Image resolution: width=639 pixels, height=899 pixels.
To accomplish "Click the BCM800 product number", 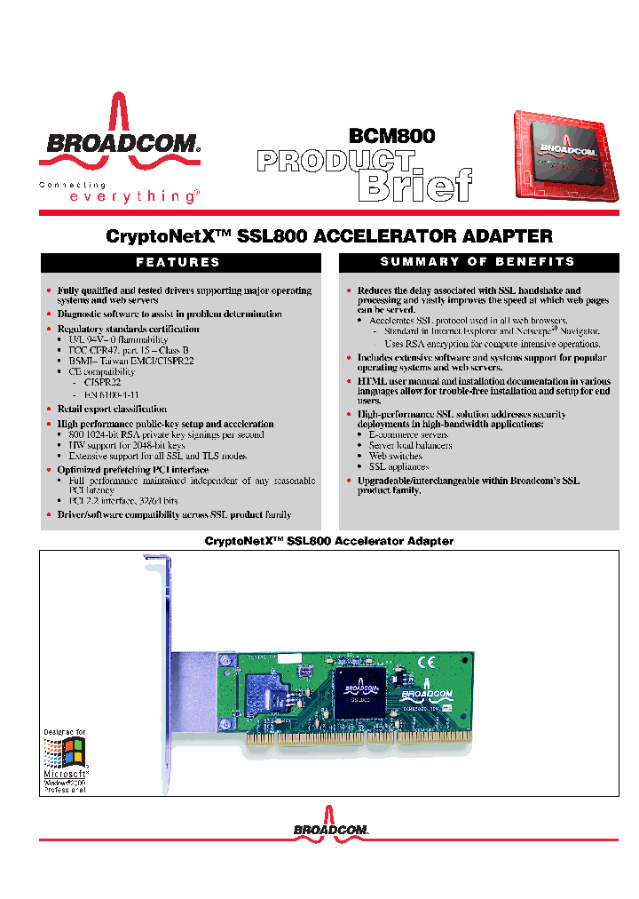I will (x=391, y=136).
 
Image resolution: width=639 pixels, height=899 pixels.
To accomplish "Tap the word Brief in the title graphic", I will (x=414, y=185).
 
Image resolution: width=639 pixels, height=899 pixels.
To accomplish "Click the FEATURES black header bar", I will (x=177, y=262).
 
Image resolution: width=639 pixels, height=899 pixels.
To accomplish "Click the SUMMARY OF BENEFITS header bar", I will (x=477, y=262).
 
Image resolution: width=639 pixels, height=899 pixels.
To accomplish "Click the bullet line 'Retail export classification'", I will (x=112, y=409).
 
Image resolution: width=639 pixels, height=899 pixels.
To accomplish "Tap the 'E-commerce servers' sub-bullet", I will (x=408, y=435).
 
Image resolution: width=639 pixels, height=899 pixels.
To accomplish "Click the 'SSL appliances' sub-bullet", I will (x=398, y=466).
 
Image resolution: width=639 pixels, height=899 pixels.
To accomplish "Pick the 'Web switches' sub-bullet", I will (x=396, y=456).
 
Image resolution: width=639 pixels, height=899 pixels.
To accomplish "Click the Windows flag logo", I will (x=65, y=756).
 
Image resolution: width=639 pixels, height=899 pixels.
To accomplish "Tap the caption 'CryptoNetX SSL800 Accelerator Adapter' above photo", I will (x=328, y=540).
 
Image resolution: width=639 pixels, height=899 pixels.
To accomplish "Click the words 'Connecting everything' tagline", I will (x=120, y=192).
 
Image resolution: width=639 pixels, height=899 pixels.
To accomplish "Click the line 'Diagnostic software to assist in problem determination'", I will (x=170, y=314).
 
